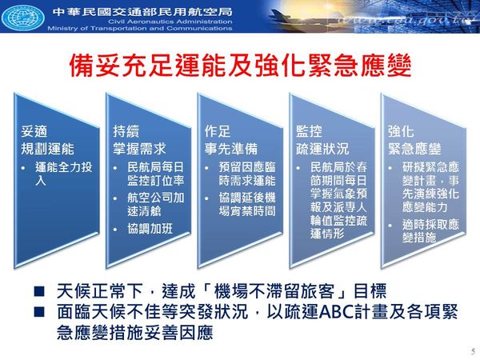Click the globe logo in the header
[x=23, y=16]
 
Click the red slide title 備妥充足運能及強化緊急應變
[x=240, y=66]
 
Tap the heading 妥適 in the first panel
[x=34, y=132]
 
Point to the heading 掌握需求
[x=139, y=149]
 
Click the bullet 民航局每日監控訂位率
[x=155, y=174]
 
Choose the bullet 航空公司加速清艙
[x=155, y=204]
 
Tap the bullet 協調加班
[x=150, y=229]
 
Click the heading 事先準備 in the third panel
[x=231, y=149]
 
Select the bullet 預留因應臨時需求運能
[x=247, y=174]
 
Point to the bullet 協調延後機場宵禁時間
[x=247, y=204]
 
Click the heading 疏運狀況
[x=322, y=149]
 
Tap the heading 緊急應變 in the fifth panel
[x=414, y=149]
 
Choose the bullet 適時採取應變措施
[x=430, y=231]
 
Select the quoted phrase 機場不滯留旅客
[x=274, y=291]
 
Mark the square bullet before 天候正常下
[x=39, y=291]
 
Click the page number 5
[x=474, y=351]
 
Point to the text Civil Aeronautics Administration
[x=170, y=22]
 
